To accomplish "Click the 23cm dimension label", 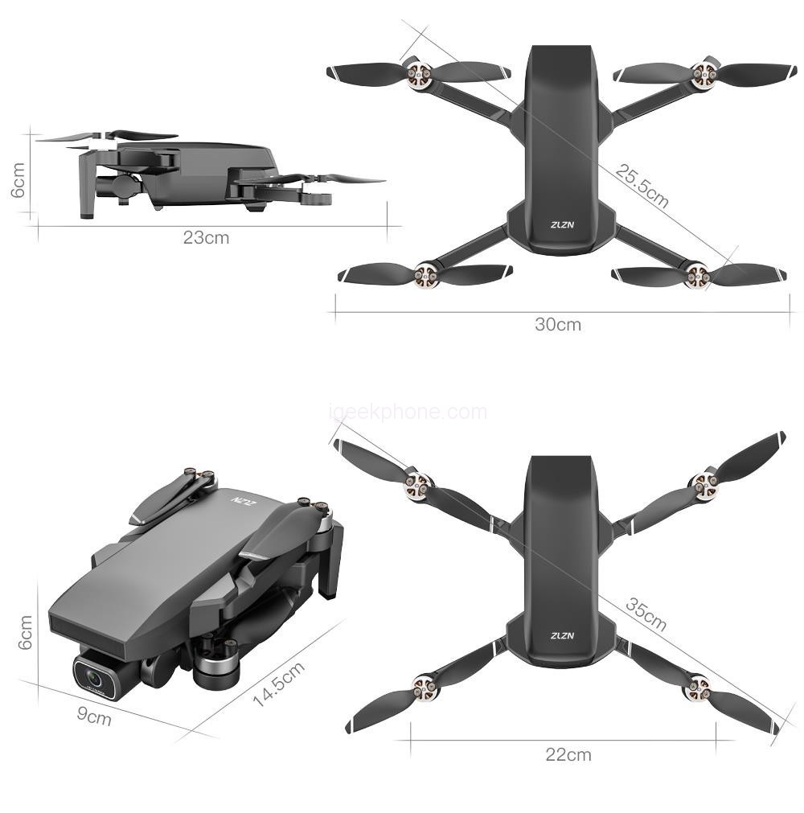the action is [206, 237].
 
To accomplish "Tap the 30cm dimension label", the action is [558, 325].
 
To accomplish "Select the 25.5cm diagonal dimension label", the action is [642, 186].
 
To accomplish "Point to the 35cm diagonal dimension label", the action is [646, 614].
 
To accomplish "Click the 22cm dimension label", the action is [568, 754].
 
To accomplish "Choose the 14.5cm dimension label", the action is [278, 684].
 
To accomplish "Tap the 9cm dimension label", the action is [94, 716].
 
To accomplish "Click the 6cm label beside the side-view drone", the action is [18, 179].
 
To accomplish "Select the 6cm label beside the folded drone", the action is [25, 632].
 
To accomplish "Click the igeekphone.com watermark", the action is [408, 412].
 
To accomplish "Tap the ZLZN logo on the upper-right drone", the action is [562, 224].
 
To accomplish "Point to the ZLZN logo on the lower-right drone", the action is [562, 635].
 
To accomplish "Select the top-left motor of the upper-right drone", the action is [418, 75].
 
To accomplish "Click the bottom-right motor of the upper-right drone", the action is [696, 276].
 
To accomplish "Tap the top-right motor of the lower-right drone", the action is [703, 486].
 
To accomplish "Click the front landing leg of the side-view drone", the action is [86, 182].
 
